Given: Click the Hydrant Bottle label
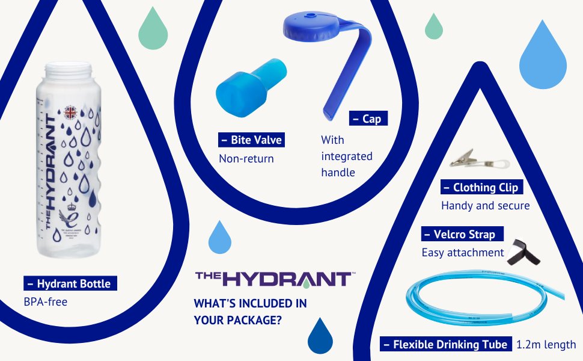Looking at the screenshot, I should pos(70,283).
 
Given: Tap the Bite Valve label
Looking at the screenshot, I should pos(251,140).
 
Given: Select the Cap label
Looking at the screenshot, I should pos(368,119).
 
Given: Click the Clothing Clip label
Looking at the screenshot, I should pos(481,187).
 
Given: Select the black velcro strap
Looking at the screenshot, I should pos(522,252).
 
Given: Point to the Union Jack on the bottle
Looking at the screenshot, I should pos(72,112).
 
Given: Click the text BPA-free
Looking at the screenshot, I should pos(46,301).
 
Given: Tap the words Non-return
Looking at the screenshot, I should pos(246,159).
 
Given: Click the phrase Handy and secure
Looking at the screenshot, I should pos(485,206).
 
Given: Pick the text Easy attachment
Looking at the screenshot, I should pos(462,253).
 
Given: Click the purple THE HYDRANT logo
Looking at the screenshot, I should pos(273,279).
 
